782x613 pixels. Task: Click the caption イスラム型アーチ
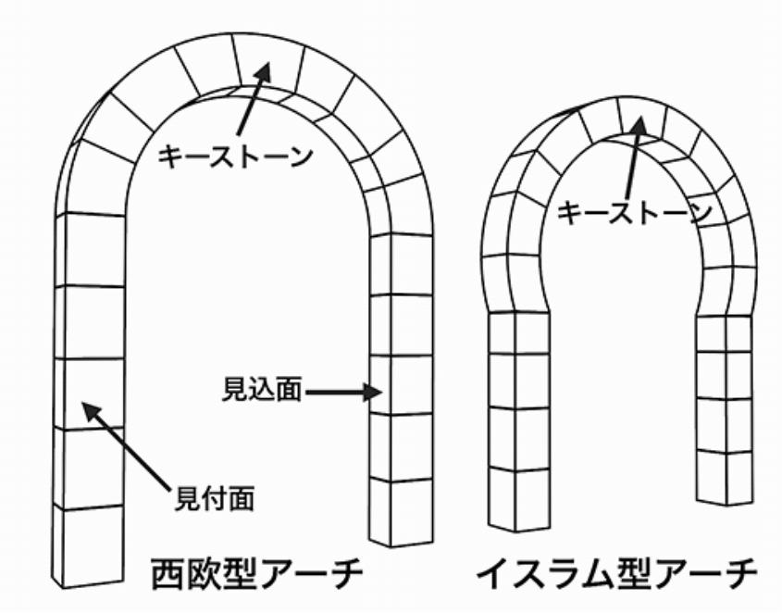tap(617, 574)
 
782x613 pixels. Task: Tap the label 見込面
tap(261, 390)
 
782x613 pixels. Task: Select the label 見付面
tap(215, 497)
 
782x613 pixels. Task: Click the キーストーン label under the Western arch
tap(235, 156)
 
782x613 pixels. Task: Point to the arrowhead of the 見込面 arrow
tap(373, 392)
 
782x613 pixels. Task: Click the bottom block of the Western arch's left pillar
tap(88, 546)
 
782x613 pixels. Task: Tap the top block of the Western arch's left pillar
tap(90, 250)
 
